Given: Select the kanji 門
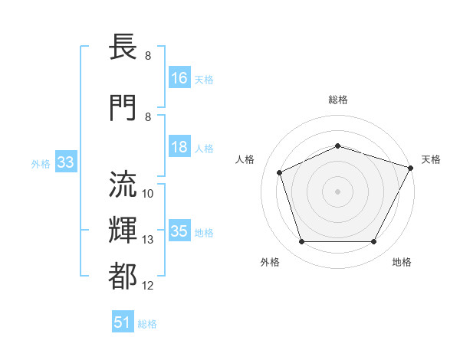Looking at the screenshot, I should tap(123, 106).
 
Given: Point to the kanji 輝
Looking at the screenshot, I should tap(123, 230).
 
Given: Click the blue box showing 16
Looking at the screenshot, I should tap(179, 78).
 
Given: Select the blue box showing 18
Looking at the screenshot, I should tap(179, 147).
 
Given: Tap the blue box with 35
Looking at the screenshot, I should tap(179, 231).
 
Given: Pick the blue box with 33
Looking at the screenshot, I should tap(65, 162).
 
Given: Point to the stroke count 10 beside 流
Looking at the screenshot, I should tap(148, 193).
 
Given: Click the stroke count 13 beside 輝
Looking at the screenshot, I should tap(148, 240).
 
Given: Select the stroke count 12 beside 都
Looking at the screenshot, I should tap(148, 286).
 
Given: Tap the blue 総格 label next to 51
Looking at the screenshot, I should tap(147, 324).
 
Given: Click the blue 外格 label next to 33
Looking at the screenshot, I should tap(41, 163).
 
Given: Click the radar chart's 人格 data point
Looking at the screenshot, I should tap(280, 172).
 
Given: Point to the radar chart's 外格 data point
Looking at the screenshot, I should tap(301, 242).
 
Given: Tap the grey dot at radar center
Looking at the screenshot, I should tap(337, 191).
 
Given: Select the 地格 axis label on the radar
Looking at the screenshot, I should tap(402, 263).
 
